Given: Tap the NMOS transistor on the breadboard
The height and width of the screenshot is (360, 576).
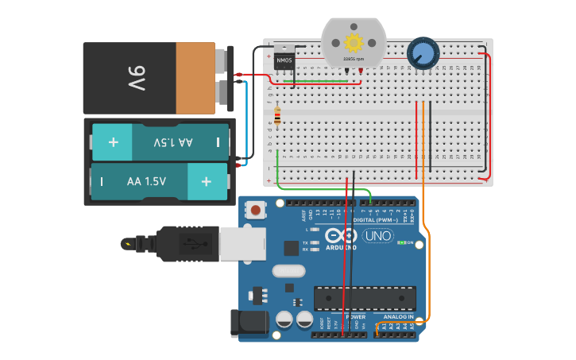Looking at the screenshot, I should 284,61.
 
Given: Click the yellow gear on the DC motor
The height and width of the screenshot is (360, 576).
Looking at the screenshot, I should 353,42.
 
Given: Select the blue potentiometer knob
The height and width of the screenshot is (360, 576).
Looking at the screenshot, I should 422,54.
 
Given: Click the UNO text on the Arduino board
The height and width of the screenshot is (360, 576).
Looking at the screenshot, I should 377,236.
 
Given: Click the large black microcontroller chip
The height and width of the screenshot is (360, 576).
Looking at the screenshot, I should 365,298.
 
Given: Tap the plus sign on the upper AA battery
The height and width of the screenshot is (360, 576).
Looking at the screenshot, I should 113,142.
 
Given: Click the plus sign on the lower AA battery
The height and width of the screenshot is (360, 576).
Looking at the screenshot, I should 207,181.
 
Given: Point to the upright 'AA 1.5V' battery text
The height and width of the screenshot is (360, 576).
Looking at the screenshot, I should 146,181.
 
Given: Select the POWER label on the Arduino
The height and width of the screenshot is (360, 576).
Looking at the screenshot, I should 355,317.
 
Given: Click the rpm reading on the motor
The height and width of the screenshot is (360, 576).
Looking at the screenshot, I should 353,60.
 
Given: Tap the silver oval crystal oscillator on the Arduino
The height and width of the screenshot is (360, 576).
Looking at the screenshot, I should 288,271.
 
